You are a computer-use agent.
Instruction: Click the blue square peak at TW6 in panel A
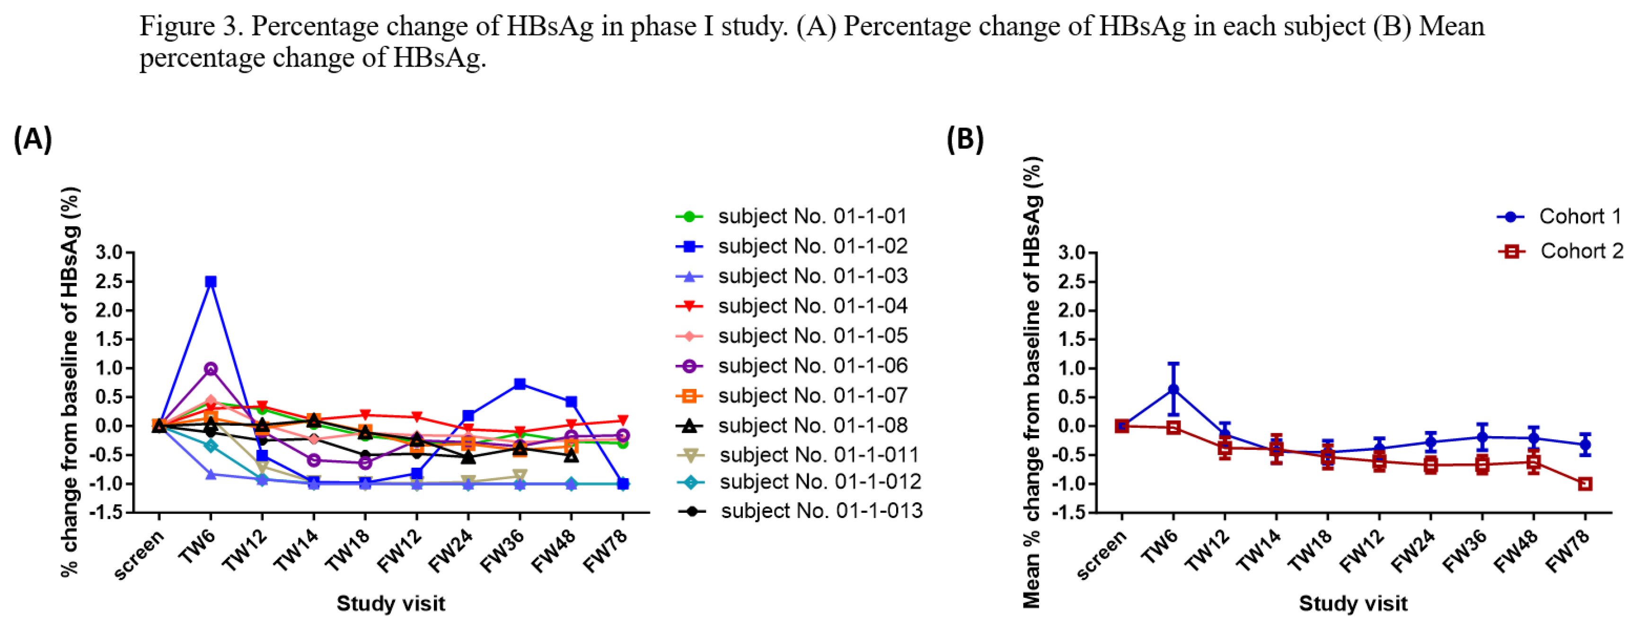(x=211, y=281)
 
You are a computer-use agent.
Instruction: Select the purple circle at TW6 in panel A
(x=211, y=369)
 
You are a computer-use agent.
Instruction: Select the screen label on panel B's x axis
(x=1101, y=555)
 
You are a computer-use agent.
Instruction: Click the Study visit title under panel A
(x=390, y=603)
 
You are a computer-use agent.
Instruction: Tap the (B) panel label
(x=965, y=138)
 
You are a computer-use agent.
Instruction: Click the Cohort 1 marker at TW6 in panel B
(x=1173, y=389)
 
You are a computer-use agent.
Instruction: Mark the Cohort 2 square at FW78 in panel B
(x=1585, y=483)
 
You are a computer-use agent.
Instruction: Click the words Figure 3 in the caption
(x=191, y=26)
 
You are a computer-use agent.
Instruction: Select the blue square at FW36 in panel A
(x=520, y=384)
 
